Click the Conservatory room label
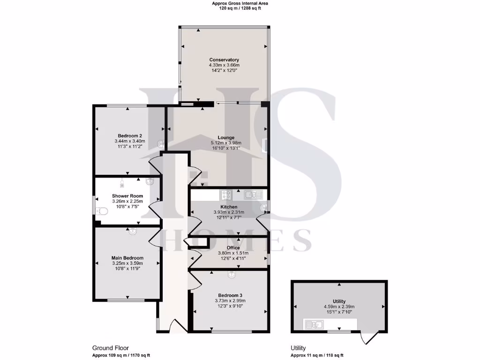point(224,60)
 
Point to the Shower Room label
point(127,196)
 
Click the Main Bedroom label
point(127,258)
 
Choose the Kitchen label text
point(229,207)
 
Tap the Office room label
point(233,248)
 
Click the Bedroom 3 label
point(230,295)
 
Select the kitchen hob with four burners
point(226,194)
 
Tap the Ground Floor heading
point(111,348)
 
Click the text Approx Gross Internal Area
point(240,3)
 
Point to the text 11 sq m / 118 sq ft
point(323,355)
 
